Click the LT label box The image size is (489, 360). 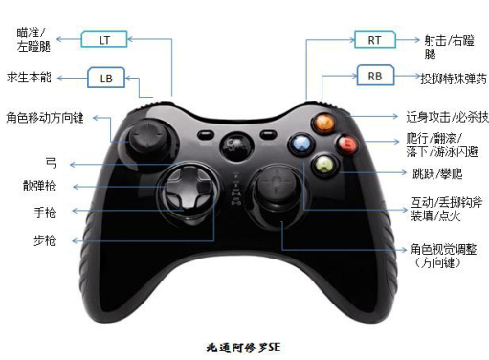pyautogui.click(x=103, y=39)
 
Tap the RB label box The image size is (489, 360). pyautogui.click(x=374, y=76)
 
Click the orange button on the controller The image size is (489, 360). pyautogui.click(x=325, y=122)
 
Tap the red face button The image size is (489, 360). pyautogui.click(x=347, y=146)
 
